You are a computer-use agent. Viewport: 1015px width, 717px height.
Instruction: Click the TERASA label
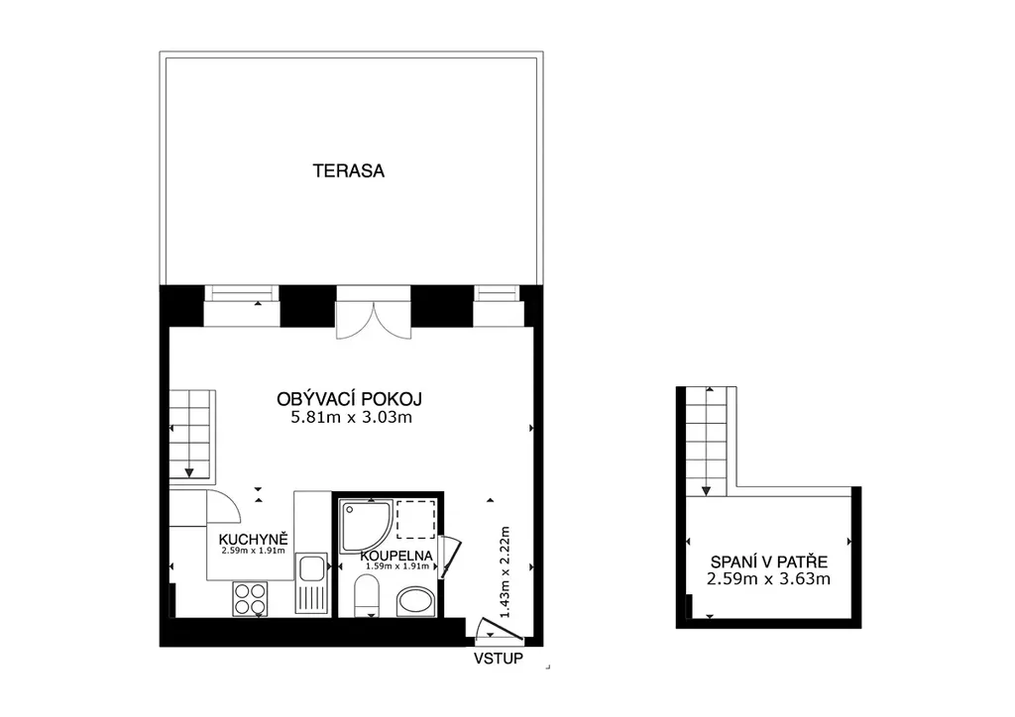point(348,170)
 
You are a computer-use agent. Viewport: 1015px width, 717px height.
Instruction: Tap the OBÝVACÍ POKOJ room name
point(350,399)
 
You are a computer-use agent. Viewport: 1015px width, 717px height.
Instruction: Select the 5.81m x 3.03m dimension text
point(352,417)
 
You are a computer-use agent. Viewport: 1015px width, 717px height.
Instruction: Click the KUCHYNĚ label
point(253,539)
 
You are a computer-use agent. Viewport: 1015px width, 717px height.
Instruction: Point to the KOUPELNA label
point(396,556)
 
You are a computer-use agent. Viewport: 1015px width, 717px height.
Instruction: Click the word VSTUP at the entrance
point(499,659)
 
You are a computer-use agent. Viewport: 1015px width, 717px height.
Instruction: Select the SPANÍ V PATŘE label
point(769,562)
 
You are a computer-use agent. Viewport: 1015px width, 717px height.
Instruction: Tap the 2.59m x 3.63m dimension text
point(768,578)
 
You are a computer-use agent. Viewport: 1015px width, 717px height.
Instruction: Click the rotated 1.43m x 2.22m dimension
point(505,572)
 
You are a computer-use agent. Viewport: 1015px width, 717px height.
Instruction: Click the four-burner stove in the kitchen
point(250,599)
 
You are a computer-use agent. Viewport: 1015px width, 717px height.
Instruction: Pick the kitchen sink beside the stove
point(311,583)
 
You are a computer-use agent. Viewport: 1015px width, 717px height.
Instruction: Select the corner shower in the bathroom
point(367,526)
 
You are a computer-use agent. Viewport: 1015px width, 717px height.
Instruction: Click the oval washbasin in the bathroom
point(415,601)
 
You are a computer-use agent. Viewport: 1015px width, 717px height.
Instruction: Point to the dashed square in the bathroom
point(416,520)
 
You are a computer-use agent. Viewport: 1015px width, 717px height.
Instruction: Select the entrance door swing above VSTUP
point(500,631)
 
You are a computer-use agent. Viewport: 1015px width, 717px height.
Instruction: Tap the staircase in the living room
point(192,435)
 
